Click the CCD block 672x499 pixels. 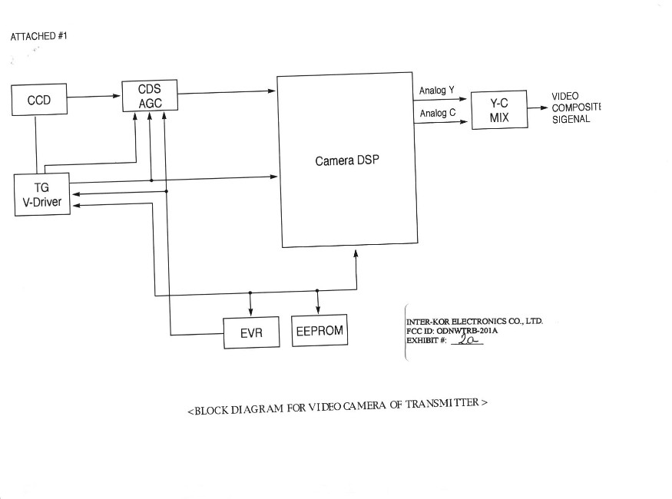[x=39, y=101]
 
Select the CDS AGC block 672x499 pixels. [x=149, y=96]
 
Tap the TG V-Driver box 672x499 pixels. [x=41, y=195]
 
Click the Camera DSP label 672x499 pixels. [x=347, y=162]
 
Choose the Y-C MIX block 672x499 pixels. [x=499, y=110]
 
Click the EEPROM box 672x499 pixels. [x=319, y=332]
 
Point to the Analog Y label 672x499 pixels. [x=436, y=91]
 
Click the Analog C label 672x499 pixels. [x=436, y=114]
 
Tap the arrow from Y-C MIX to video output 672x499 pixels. [x=538, y=108]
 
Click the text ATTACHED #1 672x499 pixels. [x=39, y=36]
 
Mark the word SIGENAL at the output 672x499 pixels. [x=571, y=119]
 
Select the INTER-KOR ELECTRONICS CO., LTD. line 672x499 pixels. [x=474, y=321]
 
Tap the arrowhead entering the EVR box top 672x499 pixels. [x=250, y=312]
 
